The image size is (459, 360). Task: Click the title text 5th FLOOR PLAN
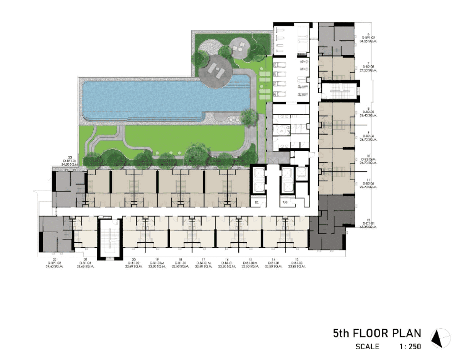tap(377, 333)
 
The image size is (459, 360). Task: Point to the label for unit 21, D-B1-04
tap(85, 263)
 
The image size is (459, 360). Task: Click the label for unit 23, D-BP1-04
tap(70, 161)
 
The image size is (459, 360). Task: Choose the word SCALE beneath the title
tap(368, 347)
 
